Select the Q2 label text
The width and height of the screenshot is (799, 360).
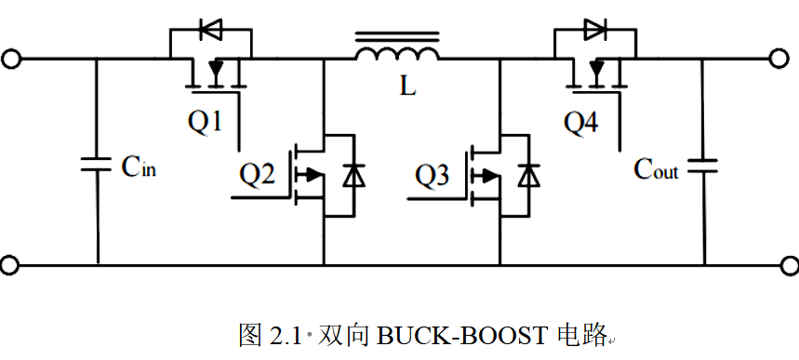click(x=258, y=176)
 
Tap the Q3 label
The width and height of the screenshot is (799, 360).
click(x=433, y=176)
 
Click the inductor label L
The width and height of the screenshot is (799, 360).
click(x=407, y=87)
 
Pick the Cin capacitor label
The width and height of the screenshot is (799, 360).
click(x=139, y=167)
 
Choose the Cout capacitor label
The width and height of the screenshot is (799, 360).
click(x=656, y=168)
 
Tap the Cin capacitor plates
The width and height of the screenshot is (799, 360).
click(x=97, y=165)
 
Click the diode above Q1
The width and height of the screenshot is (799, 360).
click(x=210, y=29)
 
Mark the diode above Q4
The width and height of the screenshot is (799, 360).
click(x=595, y=29)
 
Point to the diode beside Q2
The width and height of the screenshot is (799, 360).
click(x=353, y=176)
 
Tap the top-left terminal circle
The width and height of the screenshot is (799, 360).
click(x=11, y=60)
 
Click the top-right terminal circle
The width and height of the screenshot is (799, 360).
click(x=779, y=60)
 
